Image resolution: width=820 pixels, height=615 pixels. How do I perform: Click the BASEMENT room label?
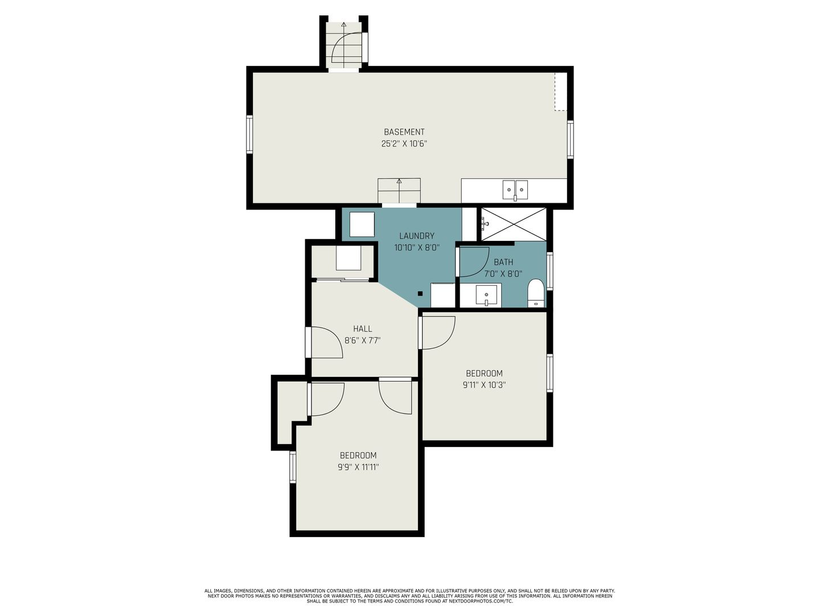pos(404,132)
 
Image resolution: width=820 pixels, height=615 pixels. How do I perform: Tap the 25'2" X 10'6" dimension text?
pos(404,143)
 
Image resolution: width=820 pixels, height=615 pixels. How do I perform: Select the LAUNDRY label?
pos(416,236)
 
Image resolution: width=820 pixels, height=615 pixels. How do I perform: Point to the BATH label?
pos(503,262)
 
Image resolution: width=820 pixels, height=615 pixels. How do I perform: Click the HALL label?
pos(362,329)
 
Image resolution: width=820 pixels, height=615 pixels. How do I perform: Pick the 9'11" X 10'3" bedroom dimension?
pos(484,385)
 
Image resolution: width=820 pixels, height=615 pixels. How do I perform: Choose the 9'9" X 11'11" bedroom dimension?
pos(358,467)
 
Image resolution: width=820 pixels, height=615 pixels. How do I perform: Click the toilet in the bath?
pos(536,293)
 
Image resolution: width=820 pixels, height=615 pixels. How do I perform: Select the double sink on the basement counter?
pos(515,190)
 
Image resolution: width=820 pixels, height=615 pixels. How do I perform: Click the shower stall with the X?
pos(514,224)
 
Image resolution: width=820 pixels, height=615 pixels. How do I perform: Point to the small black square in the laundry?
pos(420,294)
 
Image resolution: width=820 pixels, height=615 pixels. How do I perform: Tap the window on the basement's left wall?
pos(249,134)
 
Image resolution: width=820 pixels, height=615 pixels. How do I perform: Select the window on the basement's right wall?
pos(570,140)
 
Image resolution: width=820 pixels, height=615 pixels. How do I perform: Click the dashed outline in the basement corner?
pos(561,92)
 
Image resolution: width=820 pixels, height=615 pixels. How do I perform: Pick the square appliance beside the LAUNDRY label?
pos(362,224)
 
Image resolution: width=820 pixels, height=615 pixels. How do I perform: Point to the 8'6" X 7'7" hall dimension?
pos(362,341)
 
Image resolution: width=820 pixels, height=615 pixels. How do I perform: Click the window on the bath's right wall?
pos(550,271)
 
